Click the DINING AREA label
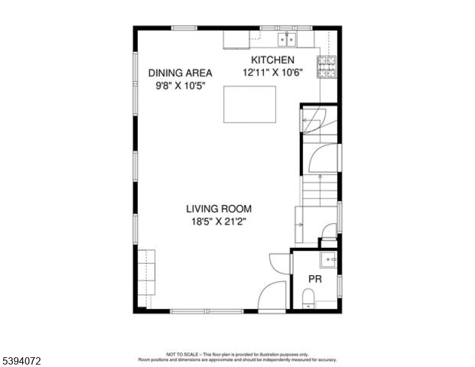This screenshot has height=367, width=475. [180, 73]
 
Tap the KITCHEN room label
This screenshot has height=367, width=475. [272, 60]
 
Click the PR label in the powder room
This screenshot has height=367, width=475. [315, 279]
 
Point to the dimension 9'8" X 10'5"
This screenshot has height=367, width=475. [180, 86]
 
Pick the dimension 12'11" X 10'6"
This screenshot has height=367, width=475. [272, 72]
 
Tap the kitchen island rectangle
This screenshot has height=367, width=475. [249, 105]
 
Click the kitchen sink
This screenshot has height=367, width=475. [286, 39]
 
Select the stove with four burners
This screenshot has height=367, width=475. [326, 66]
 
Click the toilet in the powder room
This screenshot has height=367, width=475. [309, 300]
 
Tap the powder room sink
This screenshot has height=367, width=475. [329, 260]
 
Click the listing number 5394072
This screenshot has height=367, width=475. [21, 361]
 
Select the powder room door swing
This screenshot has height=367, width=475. [280, 262]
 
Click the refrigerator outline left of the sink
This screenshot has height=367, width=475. [236, 39]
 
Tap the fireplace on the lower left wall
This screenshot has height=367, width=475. [146, 273]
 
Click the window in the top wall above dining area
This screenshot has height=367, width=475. [184, 28]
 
